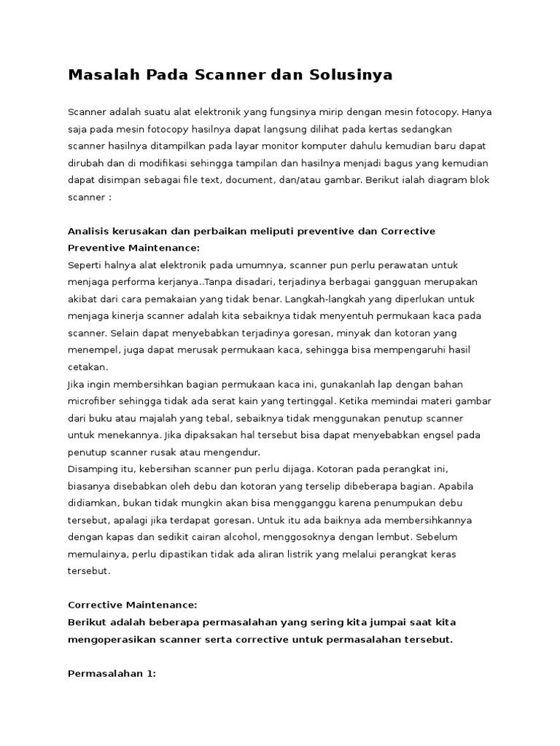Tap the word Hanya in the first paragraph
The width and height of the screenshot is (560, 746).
point(478,113)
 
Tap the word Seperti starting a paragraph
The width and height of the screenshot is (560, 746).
point(86,265)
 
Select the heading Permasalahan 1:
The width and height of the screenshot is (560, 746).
point(112,674)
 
